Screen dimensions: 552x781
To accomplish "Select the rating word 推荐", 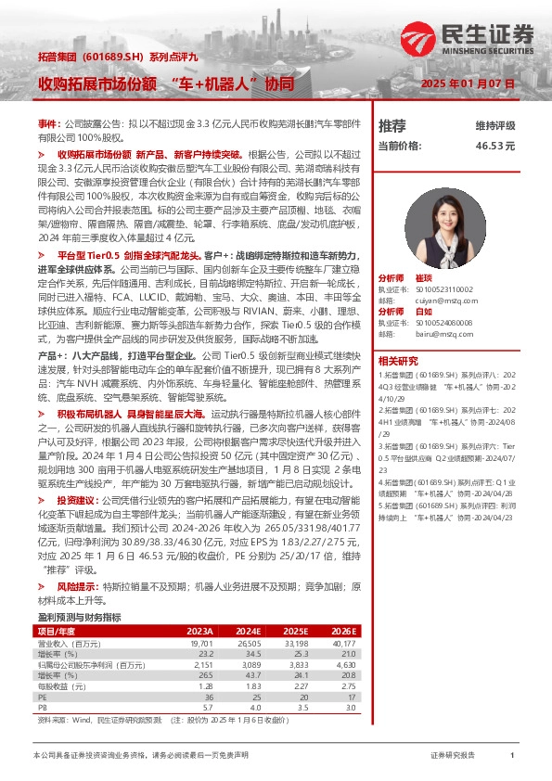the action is (x=392, y=125).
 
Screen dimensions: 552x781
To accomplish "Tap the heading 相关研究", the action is (x=401, y=334).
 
